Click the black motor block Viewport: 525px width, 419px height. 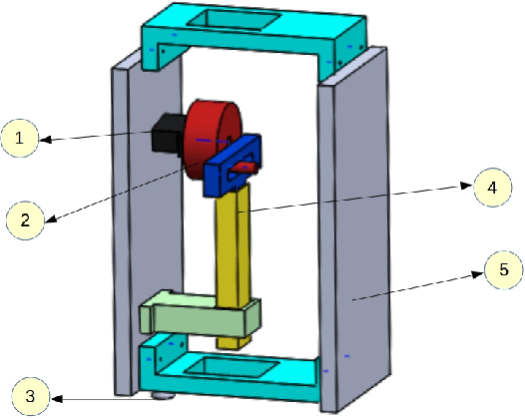coord(163,134)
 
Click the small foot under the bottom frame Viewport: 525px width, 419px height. coord(158,395)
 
